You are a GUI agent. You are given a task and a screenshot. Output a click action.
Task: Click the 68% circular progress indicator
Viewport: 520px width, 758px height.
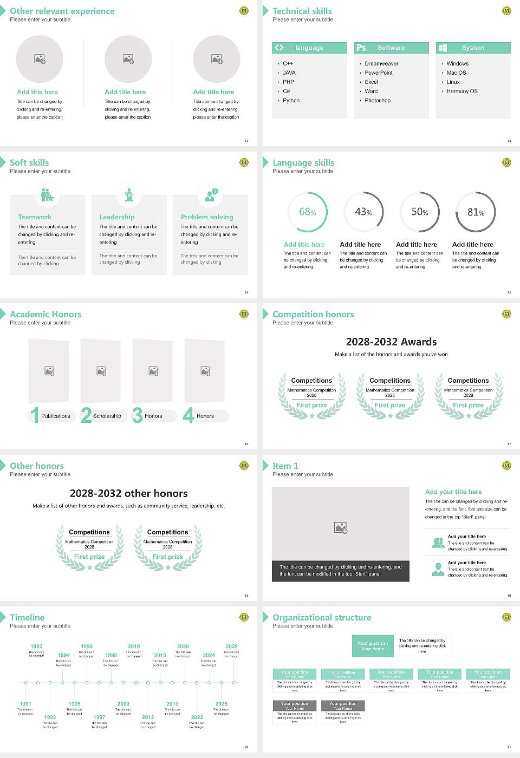pyautogui.click(x=307, y=212)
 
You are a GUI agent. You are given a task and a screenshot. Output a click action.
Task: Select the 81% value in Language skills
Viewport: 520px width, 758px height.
pyautogui.click(x=476, y=212)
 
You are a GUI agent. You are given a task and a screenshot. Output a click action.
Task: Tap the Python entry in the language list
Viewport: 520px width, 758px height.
pyautogui.click(x=291, y=100)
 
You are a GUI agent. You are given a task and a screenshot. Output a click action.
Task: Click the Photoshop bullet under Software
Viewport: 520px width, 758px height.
pyautogui.click(x=377, y=100)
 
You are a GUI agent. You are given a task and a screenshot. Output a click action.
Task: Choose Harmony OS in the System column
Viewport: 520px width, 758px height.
pyautogui.click(x=462, y=91)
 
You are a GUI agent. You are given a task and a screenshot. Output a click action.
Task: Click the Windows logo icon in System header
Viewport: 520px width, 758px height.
pyautogui.click(x=443, y=48)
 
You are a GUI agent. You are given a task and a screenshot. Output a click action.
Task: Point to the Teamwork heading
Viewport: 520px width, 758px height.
pyautogui.click(x=35, y=217)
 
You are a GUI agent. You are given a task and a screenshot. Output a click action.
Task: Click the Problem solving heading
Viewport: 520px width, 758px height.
pyautogui.click(x=207, y=217)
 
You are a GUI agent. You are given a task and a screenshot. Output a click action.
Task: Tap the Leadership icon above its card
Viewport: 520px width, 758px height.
pyautogui.click(x=129, y=194)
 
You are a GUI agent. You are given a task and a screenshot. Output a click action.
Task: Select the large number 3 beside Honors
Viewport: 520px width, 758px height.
pyautogui.click(x=137, y=415)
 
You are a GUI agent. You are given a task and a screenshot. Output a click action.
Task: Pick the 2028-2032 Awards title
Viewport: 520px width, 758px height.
pyautogui.click(x=391, y=342)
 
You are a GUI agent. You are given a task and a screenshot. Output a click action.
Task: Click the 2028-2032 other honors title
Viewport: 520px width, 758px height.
pyautogui.click(x=128, y=493)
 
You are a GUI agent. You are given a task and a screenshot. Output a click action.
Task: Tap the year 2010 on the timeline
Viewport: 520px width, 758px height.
pyautogui.click(x=134, y=646)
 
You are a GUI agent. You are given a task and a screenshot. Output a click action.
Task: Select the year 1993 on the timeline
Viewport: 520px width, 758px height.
pyautogui.click(x=50, y=717)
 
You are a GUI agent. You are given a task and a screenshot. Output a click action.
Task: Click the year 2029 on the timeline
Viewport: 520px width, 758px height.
pyautogui.click(x=231, y=646)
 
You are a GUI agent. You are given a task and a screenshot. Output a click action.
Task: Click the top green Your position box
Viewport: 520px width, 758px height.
pyautogui.click(x=373, y=646)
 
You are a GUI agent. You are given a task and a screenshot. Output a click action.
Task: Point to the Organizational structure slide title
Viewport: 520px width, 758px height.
pyautogui.click(x=322, y=617)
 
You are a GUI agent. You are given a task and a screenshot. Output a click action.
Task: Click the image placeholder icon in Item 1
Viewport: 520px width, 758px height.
pyautogui.click(x=341, y=527)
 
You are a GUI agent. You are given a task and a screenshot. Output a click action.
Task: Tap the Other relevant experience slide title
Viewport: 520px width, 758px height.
pyautogui.click(x=62, y=11)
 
